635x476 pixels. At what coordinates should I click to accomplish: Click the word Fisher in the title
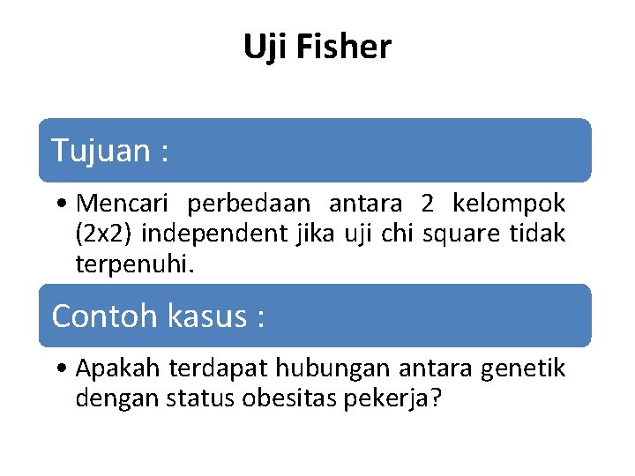344,47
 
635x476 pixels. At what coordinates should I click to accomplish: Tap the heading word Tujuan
101,151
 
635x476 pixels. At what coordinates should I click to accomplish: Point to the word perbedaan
249,204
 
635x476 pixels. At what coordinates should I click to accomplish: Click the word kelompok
509,204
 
